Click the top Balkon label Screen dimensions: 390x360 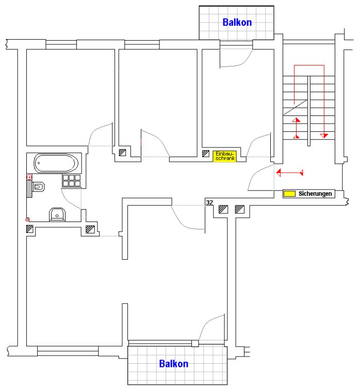tap(237, 22)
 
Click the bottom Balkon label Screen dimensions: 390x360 tap(173, 364)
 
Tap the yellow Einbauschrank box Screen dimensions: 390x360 tap(225, 156)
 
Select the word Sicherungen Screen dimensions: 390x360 tap(315, 194)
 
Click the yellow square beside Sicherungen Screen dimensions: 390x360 tap(289, 194)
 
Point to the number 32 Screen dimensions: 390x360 tap(209, 203)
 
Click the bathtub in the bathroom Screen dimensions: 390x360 tap(57, 164)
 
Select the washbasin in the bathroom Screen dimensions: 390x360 tap(57, 214)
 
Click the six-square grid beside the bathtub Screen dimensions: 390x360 tap(71, 180)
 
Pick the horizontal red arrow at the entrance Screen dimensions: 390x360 tap(289, 172)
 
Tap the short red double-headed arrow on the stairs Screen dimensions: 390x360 tap(297, 128)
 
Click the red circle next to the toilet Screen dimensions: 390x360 tap(29, 177)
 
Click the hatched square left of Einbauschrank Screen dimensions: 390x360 tap(206, 153)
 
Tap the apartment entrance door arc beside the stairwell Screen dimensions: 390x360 tap(259, 178)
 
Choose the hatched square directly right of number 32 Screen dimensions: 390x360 tap(223, 209)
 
